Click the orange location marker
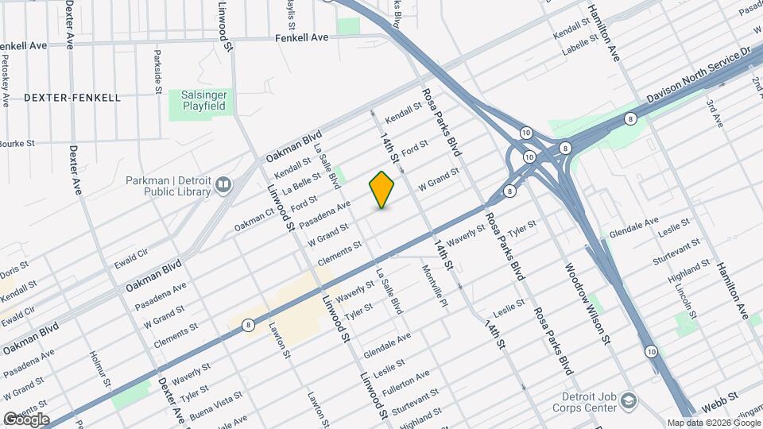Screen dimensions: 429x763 click(x=382, y=189)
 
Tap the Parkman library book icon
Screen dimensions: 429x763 click(x=223, y=186)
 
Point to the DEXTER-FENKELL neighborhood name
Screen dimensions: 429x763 click(x=72, y=98)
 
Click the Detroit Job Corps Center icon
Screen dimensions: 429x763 click(x=629, y=399)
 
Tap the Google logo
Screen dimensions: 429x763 click(x=25, y=419)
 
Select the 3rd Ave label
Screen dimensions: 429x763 click(x=717, y=114)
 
